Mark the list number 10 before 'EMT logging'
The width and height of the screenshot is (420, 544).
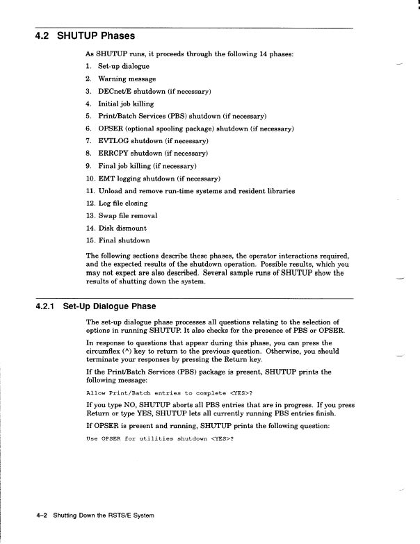(90, 179)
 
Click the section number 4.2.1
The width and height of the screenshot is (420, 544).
(46, 306)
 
